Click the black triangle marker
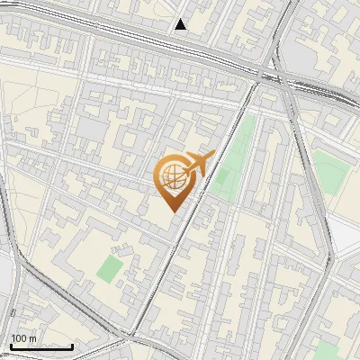181,24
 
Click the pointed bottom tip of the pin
173,211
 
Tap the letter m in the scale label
33,338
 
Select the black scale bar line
40,346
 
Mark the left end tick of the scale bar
10,346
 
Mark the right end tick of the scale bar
72,346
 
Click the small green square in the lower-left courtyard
110,266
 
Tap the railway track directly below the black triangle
181,49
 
